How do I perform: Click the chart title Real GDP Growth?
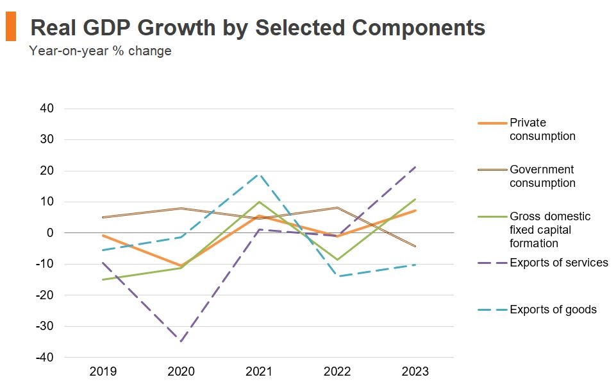point(257,28)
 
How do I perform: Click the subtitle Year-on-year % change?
point(100,51)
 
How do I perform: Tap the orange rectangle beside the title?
point(10,28)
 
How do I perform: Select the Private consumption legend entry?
point(542,129)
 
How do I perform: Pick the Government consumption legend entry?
point(542,176)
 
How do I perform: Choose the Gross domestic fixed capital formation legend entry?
point(549,229)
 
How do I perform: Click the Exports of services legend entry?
point(558,263)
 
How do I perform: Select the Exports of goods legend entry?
point(553,310)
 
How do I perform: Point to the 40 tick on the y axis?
point(46,109)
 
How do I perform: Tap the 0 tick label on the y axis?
point(49,232)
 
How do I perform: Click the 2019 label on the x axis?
point(103,371)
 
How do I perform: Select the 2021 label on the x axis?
point(259,371)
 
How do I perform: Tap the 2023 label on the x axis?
point(415,371)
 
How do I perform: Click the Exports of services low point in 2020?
point(181,341)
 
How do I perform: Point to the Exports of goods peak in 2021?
point(259,174)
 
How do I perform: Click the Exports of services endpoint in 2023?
point(415,167)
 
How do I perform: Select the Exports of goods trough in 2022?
point(337,276)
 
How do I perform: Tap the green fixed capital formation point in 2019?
point(103,279)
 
